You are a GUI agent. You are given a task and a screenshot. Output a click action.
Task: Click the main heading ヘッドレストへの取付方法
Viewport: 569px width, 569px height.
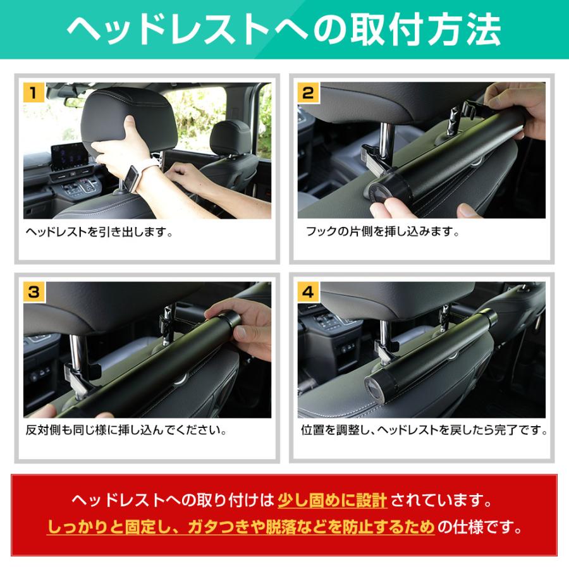pos(284,28)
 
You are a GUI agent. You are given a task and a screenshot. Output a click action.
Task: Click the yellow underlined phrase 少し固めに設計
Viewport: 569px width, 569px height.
pos(333,502)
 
